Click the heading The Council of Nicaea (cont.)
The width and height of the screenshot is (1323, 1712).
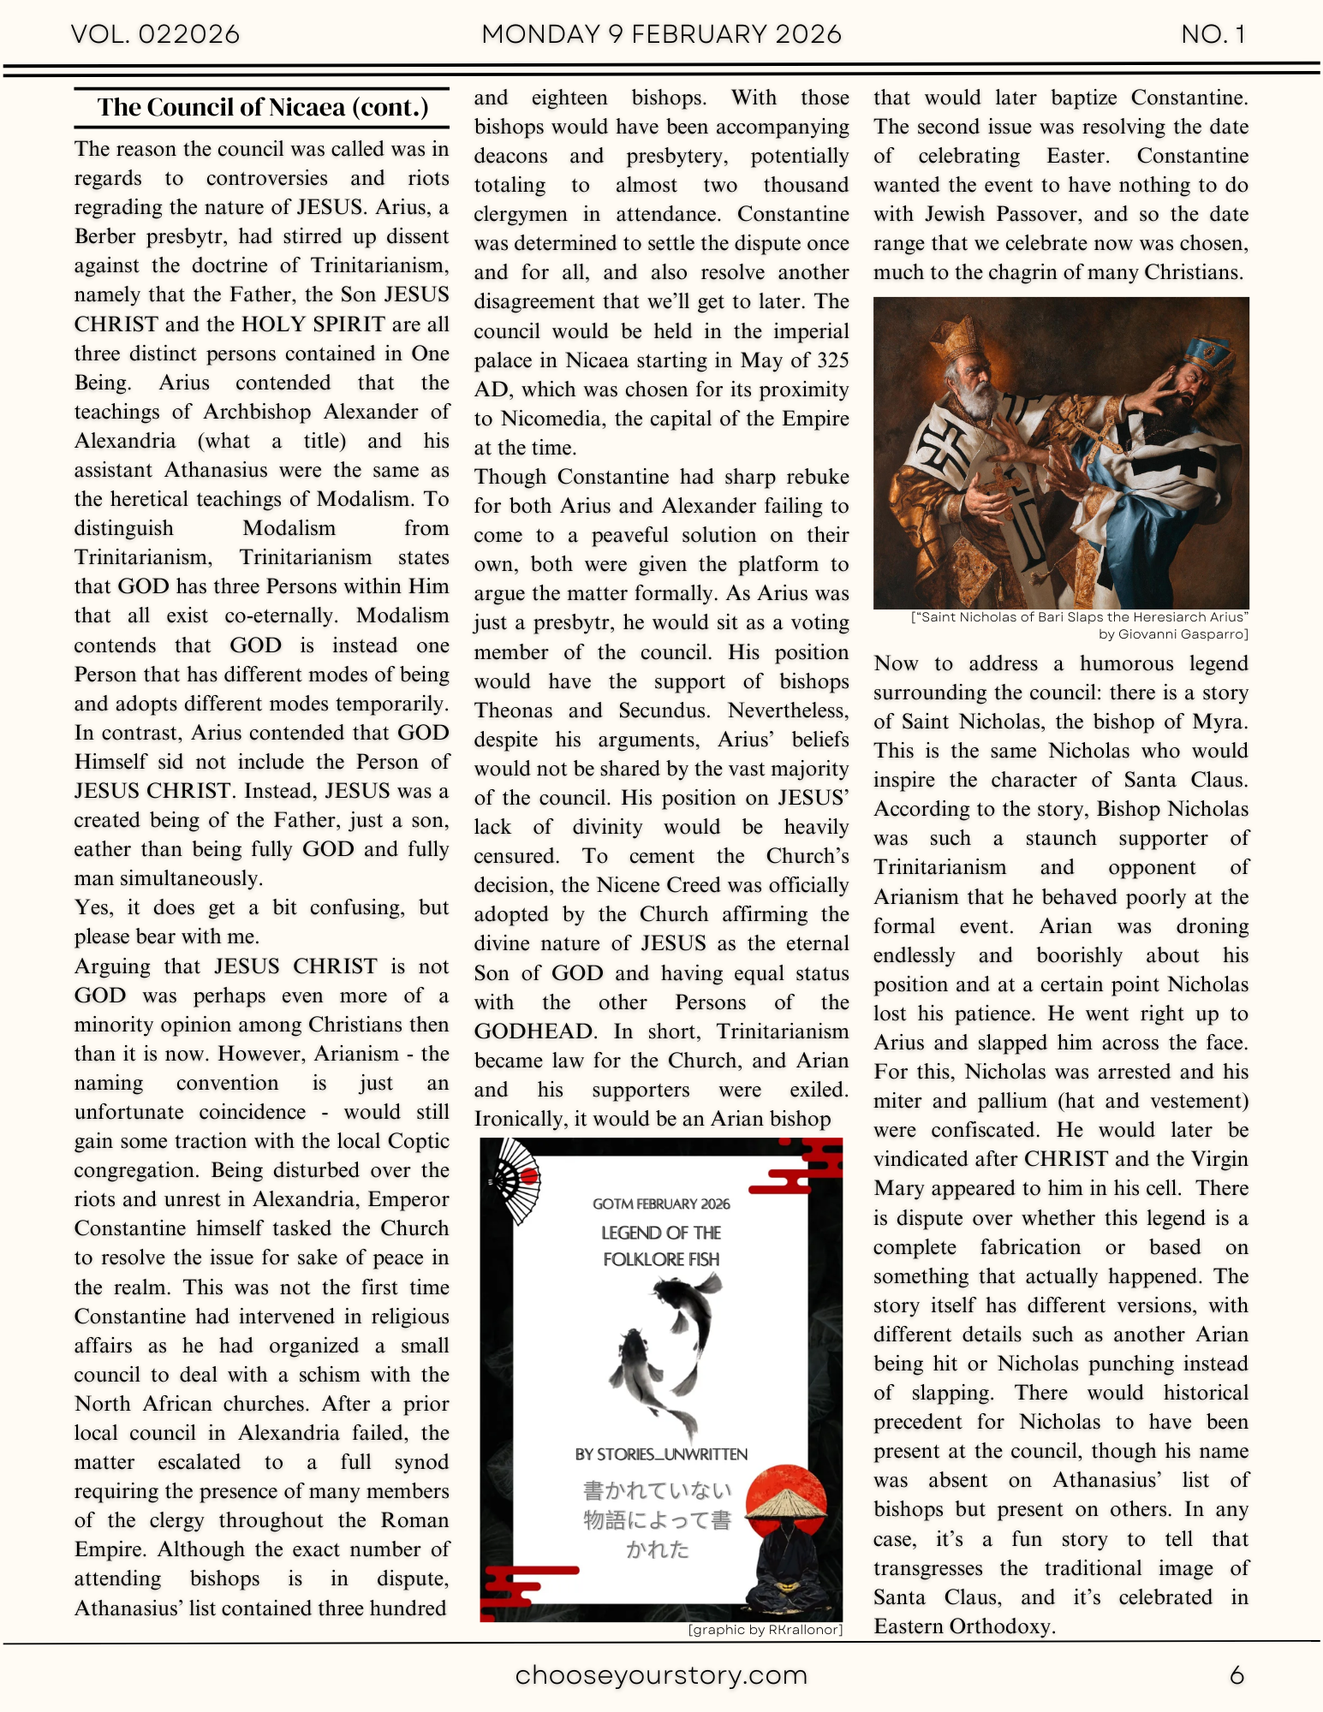262,108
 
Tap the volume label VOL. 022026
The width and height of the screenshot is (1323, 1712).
155,34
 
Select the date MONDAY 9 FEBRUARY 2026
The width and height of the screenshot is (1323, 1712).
661,34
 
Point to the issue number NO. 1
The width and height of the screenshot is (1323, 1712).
1213,34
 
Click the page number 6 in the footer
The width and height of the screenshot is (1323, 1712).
1237,1675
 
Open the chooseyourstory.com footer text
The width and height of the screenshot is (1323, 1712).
661,1675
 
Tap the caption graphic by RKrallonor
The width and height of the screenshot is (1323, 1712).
766,1629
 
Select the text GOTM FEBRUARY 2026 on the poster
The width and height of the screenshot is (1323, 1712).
661,1204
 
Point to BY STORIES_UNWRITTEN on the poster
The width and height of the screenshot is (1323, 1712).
661,1454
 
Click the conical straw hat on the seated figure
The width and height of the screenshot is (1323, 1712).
781,1504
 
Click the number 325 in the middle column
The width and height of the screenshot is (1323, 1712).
832,360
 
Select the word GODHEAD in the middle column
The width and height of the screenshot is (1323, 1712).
534,1031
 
